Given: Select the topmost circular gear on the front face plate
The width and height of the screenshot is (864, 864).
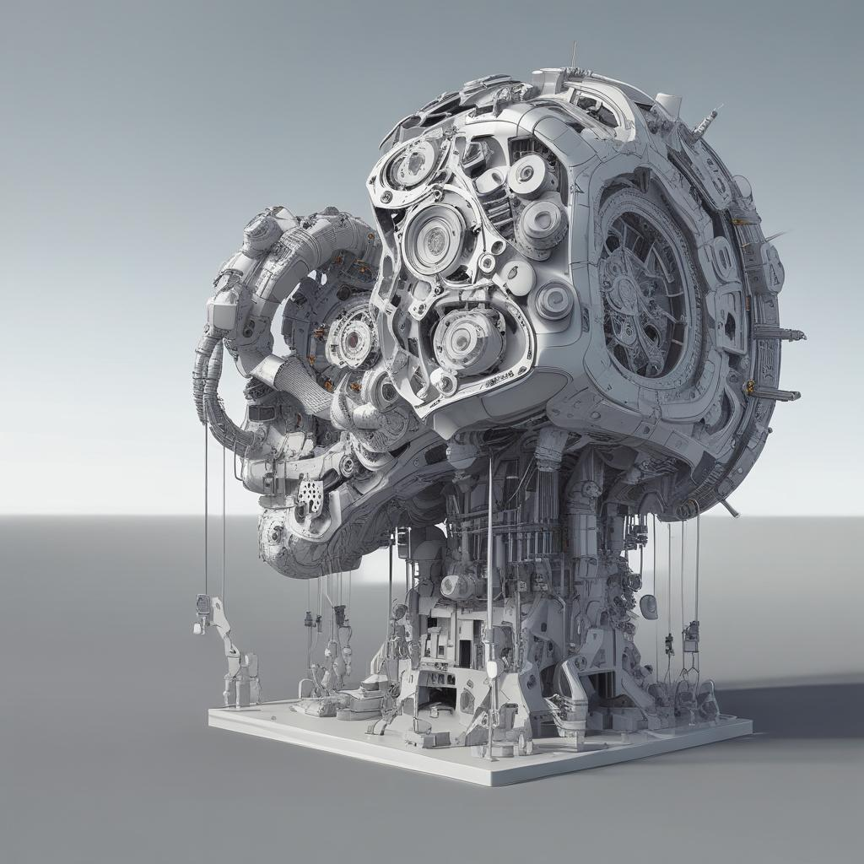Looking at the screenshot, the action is (x=414, y=165).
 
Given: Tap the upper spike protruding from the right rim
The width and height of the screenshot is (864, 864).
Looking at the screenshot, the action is (x=780, y=333).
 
